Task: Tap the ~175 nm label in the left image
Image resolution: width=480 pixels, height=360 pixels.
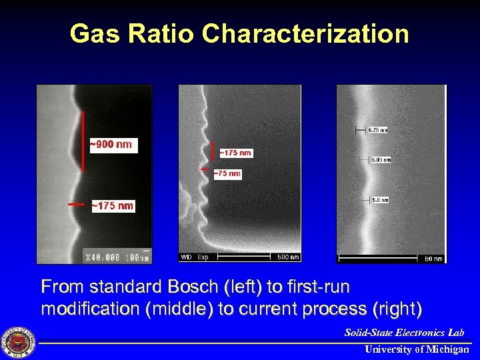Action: pos(112,206)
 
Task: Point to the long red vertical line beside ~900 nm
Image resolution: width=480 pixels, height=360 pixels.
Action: pos(83,141)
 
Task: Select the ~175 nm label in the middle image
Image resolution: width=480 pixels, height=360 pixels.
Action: pos(235,153)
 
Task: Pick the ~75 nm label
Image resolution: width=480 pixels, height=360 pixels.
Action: pos(227,174)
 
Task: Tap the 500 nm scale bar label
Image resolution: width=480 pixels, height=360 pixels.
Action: pos(288,257)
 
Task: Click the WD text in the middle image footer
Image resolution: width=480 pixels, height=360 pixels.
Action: pos(187,257)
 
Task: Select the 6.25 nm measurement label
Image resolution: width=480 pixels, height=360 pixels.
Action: pos(377,129)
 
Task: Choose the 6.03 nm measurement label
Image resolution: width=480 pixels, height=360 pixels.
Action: pos(381,159)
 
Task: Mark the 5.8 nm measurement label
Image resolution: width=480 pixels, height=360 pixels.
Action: pos(379,199)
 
